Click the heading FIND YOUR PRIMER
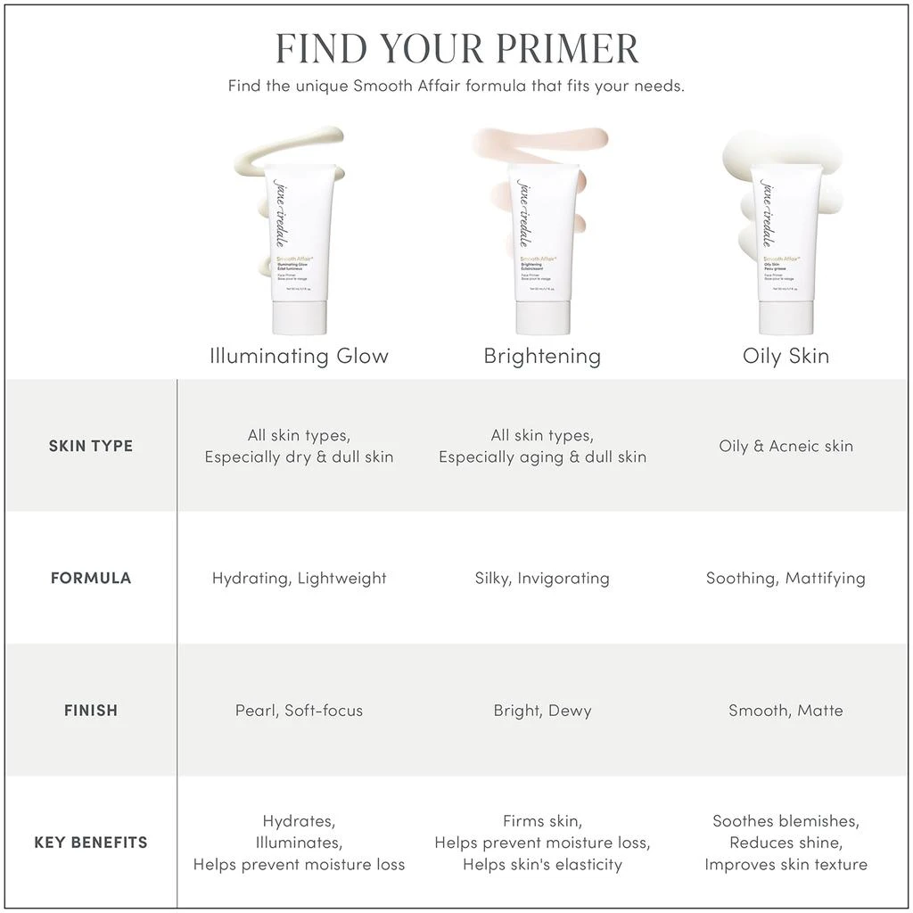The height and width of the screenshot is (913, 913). point(456,49)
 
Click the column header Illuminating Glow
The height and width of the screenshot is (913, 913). point(300,356)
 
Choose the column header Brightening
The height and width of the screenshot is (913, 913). point(542,356)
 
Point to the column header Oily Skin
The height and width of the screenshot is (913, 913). point(786,356)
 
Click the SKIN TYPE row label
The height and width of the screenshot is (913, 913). point(91,446)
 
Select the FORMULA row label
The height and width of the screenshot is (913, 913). point(91,578)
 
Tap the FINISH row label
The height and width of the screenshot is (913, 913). point(91,711)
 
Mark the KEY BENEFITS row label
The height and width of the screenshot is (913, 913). point(91,843)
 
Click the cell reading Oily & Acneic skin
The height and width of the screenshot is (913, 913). point(786,446)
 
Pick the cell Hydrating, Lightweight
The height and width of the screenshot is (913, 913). point(300,578)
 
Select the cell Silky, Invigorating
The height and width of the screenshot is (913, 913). point(542,578)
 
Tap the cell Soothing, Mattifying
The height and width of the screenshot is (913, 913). point(786,578)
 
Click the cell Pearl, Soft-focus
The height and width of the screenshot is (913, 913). point(300,711)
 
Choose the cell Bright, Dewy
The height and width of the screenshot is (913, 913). point(542,711)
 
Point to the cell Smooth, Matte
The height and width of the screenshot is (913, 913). point(786,711)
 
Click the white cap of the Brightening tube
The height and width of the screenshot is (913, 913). point(543,317)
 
